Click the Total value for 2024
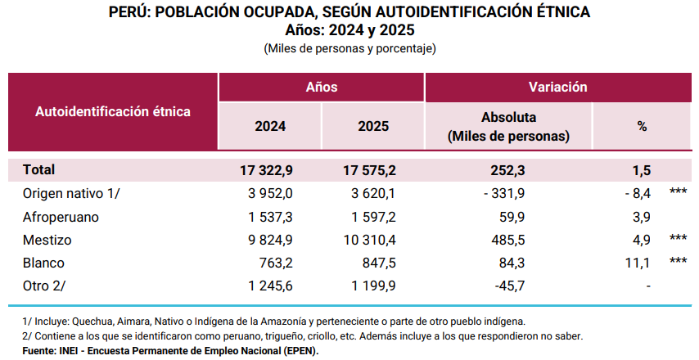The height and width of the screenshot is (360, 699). click(266, 170)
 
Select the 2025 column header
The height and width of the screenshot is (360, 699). click(373, 127)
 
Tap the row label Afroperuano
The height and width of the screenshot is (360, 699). click(61, 217)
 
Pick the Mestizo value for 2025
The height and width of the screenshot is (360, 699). click(369, 241)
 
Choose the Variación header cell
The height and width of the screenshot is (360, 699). click(557, 87)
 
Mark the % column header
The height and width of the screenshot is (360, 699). click(642, 127)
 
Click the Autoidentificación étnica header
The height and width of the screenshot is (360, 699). click(113, 111)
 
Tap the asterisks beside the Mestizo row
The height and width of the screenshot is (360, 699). click(677, 241)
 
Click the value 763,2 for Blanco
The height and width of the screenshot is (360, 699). click(276, 263)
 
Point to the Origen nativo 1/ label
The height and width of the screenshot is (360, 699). click(72, 193)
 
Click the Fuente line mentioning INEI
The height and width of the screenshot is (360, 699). click(170, 350)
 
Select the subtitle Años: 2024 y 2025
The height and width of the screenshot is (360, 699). click(349, 30)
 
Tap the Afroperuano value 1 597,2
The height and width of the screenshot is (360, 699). click(369, 217)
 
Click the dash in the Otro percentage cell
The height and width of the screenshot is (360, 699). click(648, 287)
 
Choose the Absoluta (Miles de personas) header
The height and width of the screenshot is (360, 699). click(508, 127)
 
